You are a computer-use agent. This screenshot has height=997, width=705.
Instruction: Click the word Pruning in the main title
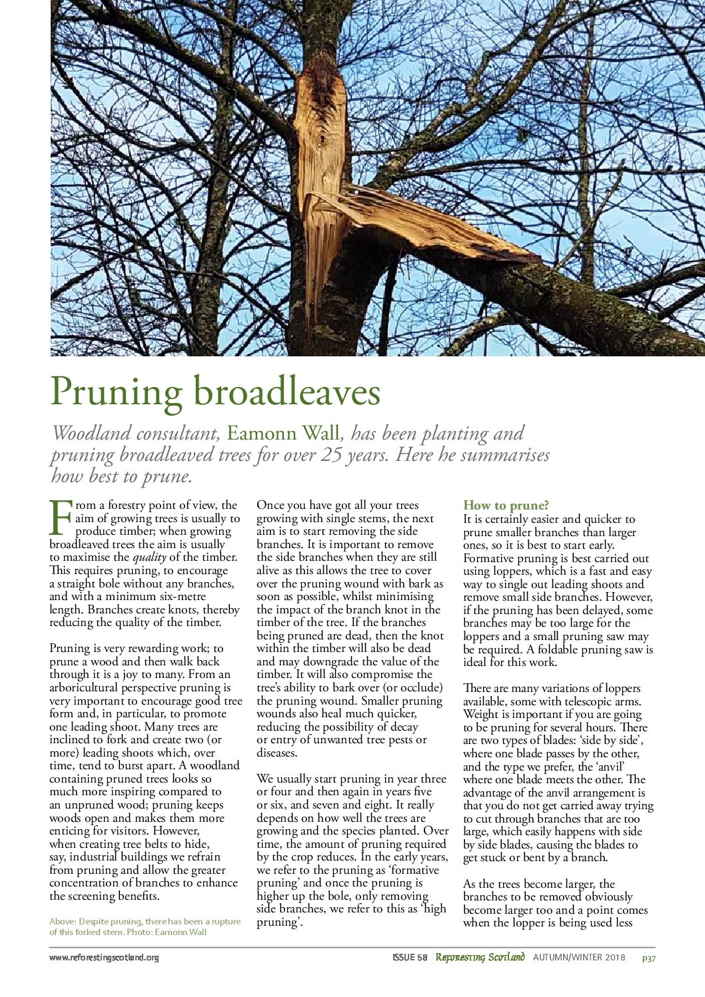point(116,393)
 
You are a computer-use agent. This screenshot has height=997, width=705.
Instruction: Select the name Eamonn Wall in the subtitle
point(283,434)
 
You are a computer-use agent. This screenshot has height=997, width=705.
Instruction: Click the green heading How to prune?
point(506,505)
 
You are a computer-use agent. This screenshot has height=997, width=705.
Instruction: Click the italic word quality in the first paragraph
point(149,557)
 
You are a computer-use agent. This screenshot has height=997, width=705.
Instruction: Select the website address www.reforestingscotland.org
point(104,958)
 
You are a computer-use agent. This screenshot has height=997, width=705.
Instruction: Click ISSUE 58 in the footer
point(409,958)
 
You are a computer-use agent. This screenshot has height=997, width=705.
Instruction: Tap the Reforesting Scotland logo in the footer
point(480,957)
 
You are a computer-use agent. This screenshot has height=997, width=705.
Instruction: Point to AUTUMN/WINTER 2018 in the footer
point(579,958)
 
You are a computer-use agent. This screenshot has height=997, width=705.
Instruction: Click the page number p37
point(648,958)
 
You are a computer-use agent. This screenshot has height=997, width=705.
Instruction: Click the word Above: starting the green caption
point(63,922)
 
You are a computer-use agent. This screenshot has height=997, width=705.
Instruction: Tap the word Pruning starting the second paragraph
point(70,649)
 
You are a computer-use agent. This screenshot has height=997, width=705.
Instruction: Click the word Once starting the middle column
point(271,505)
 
